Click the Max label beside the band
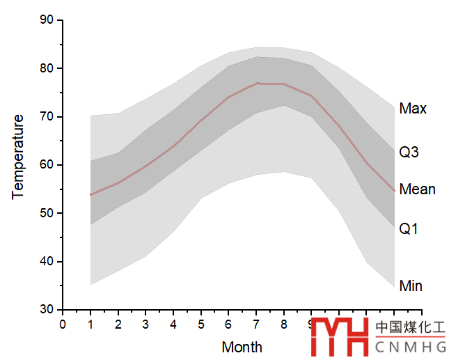coord(413,109)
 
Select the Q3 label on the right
coord(409,152)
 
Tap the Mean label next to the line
coord(417,189)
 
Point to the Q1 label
coord(409,228)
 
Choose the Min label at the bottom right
coord(411,285)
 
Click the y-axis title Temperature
coord(18,157)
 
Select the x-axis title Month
coord(242,347)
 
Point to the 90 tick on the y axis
coord(47,20)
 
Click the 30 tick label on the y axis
coord(47,309)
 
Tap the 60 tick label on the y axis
coord(47,165)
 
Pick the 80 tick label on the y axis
coord(47,68)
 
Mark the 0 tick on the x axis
coord(63,324)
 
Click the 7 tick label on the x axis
coord(256,324)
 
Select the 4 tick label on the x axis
coord(173,324)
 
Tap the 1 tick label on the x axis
coord(90,324)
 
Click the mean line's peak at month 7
coord(257,83)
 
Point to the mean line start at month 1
coord(90,194)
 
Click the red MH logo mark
coord(340,337)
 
